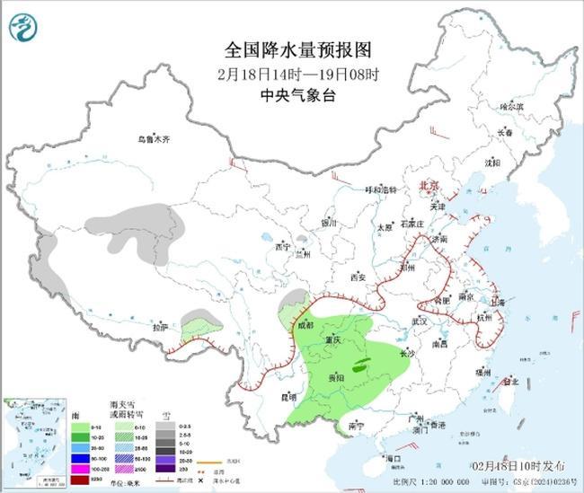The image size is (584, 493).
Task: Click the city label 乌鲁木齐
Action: click(x=154, y=139)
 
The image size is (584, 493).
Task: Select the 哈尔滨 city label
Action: click(x=511, y=106)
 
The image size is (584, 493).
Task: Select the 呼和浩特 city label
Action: click(x=380, y=189)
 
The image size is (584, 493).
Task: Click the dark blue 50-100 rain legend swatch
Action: click(x=83, y=458)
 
